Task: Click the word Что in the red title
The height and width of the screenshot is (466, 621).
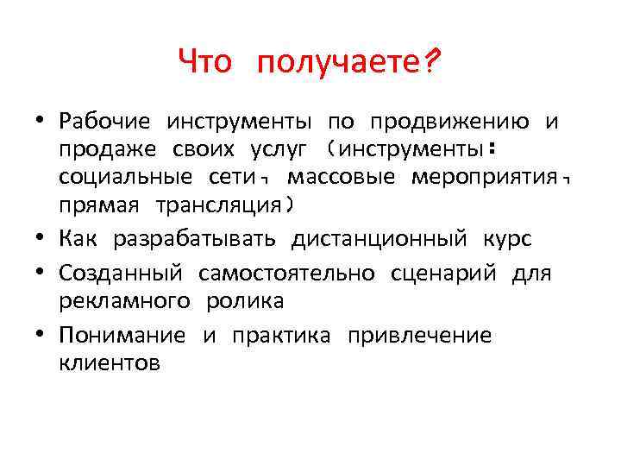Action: pyautogui.click(x=205, y=62)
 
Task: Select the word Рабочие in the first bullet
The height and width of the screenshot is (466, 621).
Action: pyautogui.click(x=105, y=122)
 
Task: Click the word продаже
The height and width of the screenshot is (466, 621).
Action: pyautogui.click(x=108, y=150)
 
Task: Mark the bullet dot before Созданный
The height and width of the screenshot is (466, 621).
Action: pyautogui.click(x=41, y=274)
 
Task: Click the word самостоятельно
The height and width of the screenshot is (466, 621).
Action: pyautogui.click(x=286, y=274)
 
